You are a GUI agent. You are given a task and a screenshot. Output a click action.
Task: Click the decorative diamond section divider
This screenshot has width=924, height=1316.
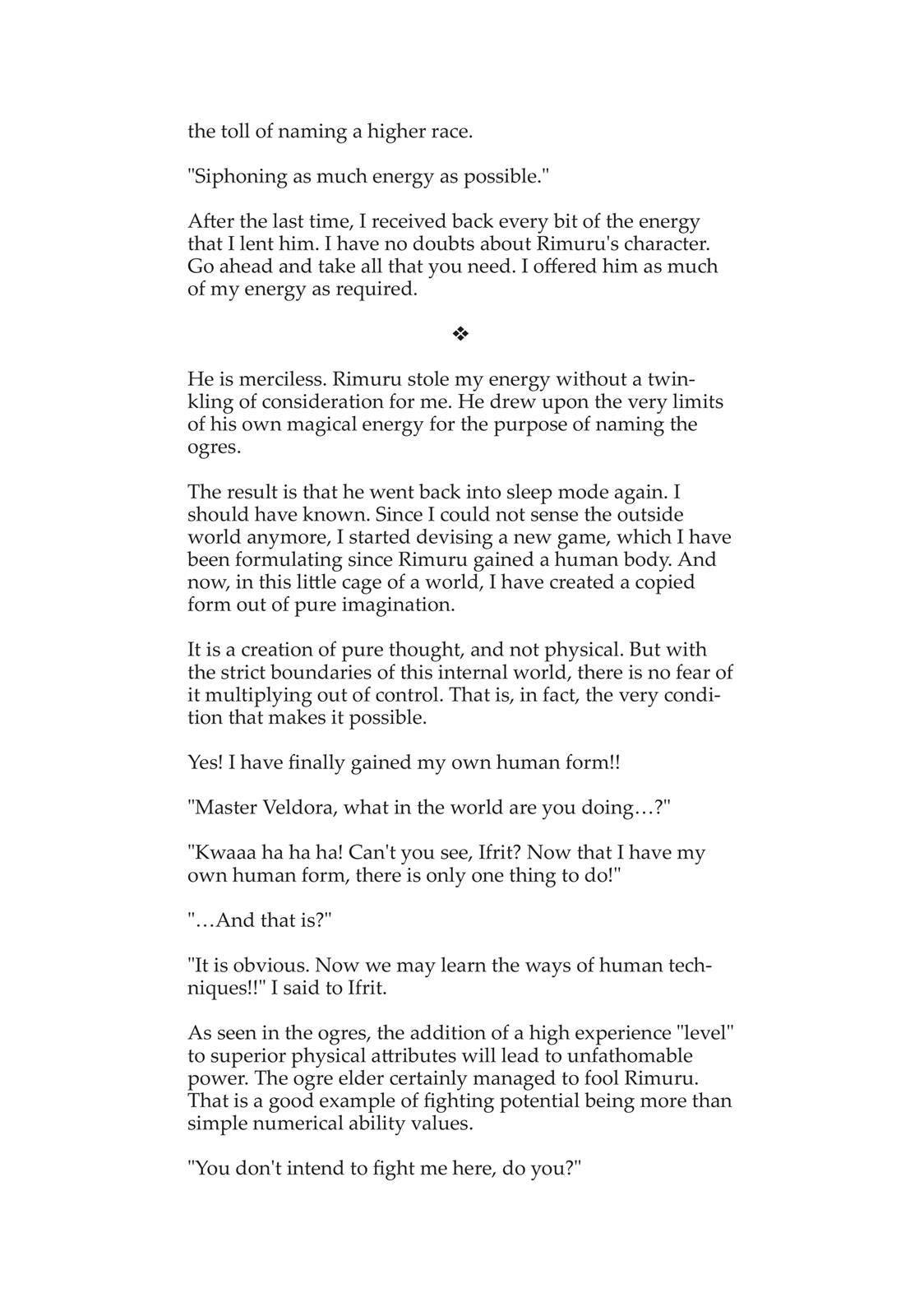click(x=460, y=334)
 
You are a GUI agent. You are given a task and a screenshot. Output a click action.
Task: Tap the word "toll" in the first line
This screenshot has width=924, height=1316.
click(x=235, y=132)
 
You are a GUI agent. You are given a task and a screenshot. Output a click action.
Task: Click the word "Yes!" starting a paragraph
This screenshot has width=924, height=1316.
click(x=206, y=762)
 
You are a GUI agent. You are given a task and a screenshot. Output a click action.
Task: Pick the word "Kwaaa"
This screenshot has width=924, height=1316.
click(x=220, y=853)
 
